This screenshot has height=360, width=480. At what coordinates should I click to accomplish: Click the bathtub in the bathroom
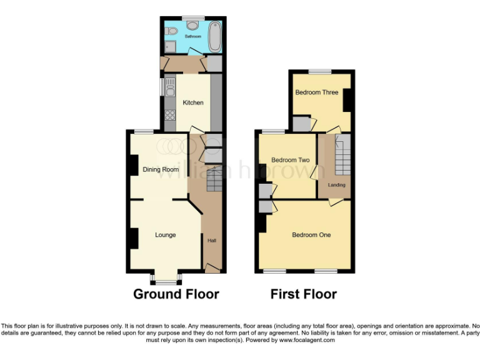tap(215, 37)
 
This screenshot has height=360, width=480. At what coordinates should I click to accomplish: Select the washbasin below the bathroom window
tap(193, 26)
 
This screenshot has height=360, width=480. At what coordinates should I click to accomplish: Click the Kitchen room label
tap(192, 102)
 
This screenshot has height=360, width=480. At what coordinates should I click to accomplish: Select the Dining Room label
tap(161, 169)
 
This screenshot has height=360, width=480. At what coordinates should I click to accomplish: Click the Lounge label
tap(166, 235)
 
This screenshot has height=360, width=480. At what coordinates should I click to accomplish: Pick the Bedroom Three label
tap(317, 92)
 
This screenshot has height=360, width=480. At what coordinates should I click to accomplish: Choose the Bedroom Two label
tap(290, 160)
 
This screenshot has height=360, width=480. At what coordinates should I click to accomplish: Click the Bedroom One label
tap(311, 235)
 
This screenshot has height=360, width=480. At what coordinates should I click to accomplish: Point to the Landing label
tap(336, 185)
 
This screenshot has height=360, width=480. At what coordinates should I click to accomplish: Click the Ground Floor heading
tap(176, 294)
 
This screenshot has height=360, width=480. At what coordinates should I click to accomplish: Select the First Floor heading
tap(304, 294)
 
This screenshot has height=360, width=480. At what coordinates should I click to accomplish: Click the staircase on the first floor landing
tap(342, 156)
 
